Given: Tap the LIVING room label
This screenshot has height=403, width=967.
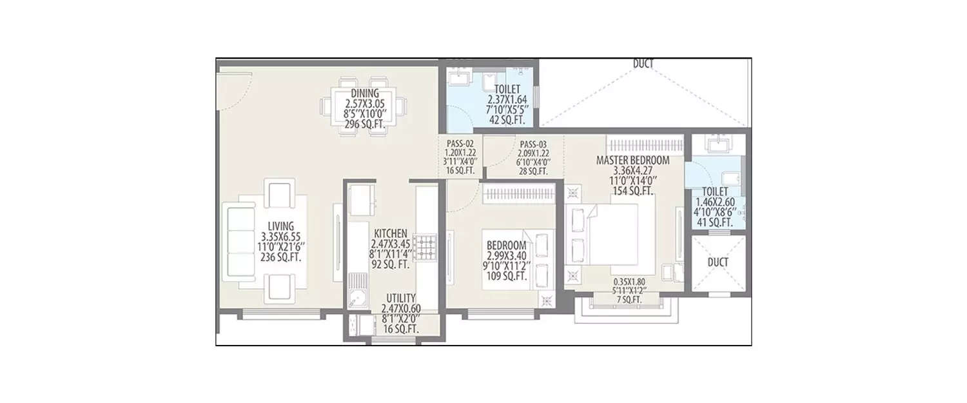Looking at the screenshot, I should [282, 226].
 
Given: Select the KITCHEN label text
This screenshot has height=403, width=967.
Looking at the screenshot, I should [390, 233].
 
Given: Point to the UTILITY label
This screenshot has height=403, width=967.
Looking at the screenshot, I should [400, 298].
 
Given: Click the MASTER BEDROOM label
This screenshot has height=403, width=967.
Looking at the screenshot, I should [632, 161].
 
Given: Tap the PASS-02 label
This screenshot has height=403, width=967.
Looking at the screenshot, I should [460, 144].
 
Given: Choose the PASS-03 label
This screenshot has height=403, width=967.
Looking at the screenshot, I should [532, 144].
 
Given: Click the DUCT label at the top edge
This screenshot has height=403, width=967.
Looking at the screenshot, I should [643, 64].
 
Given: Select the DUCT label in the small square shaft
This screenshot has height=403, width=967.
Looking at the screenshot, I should [717, 262].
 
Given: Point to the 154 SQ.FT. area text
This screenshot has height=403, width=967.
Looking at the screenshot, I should [632, 191].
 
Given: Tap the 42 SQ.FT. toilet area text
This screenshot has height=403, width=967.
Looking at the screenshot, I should [508, 120].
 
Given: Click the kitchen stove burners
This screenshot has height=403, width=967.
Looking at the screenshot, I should [425, 248].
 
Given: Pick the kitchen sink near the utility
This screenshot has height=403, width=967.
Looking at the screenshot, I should [356, 298].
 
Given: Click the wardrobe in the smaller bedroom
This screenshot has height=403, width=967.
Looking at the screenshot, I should [519, 193].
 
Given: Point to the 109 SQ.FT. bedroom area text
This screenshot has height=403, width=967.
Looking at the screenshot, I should [507, 277].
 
